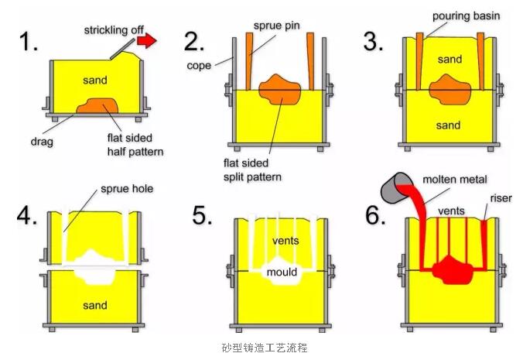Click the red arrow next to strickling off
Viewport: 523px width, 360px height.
(x=146, y=40)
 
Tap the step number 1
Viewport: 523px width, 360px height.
(x=28, y=41)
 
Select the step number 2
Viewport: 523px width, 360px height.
(x=193, y=42)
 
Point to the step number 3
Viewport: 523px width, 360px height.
(x=373, y=42)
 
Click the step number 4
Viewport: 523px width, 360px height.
(x=26, y=215)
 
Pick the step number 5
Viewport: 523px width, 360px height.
(x=202, y=215)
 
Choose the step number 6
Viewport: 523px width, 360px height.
(x=375, y=215)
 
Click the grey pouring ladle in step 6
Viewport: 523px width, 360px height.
(x=395, y=188)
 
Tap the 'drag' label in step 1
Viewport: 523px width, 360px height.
(x=42, y=142)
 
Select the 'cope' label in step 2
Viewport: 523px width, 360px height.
(x=199, y=66)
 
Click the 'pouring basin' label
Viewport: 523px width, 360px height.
(x=466, y=16)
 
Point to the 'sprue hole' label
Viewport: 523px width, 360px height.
(x=127, y=189)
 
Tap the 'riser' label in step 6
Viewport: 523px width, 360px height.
(x=501, y=198)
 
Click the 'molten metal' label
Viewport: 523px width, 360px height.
(x=455, y=180)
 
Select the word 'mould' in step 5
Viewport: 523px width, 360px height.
(x=282, y=273)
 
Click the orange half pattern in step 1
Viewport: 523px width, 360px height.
(x=97, y=106)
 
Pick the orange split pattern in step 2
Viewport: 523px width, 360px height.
(x=280, y=89)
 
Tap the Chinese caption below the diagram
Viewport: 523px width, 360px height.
(x=264, y=348)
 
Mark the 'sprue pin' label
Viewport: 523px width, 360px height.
(x=276, y=26)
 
